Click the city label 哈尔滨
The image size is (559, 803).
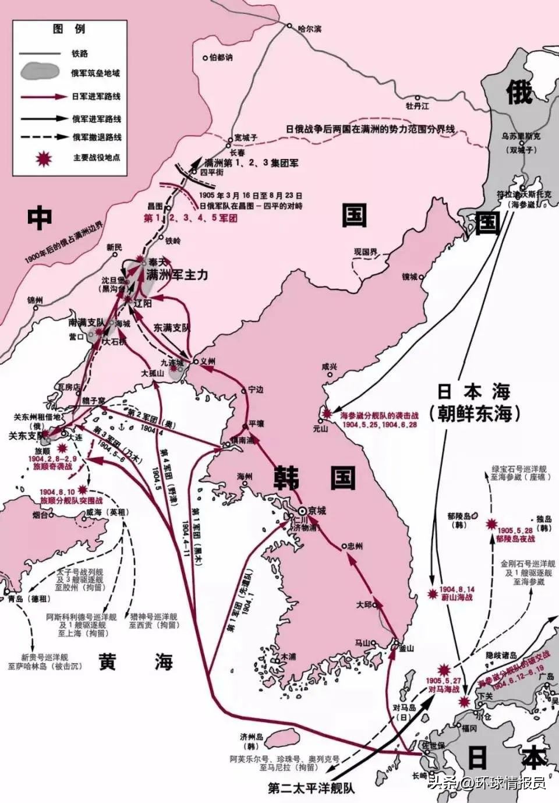click(x=309, y=29)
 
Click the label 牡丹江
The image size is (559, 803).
click(x=417, y=106)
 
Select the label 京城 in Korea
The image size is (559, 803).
click(x=317, y=511)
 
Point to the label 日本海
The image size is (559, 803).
click(x=474, y=391)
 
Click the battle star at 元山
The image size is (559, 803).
click(x=327, y=413)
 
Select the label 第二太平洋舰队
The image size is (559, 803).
click(x=311, y=788)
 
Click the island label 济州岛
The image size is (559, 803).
click(x=252, y=737)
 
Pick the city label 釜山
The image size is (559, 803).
click(x=406, y=648)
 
